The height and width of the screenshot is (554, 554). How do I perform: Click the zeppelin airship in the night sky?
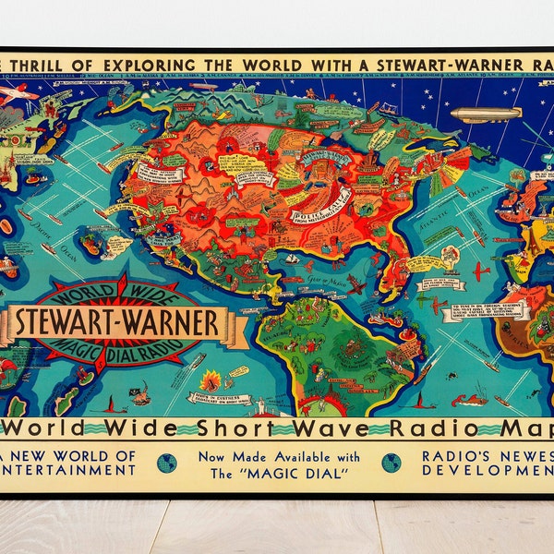coord(486,114)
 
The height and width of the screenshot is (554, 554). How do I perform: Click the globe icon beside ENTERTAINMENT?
coord(167,462)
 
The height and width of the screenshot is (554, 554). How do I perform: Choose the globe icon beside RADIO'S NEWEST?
coord(391,462)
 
